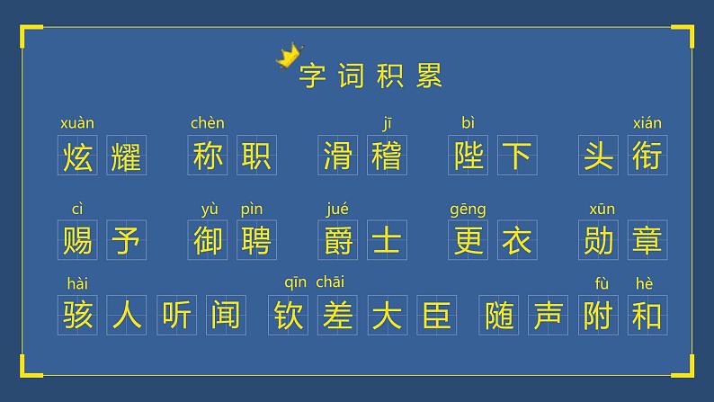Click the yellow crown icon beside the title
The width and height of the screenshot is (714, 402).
pos(289,56)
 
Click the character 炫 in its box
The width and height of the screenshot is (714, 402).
pos(77,156)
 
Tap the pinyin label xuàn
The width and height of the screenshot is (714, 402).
pos(76,123)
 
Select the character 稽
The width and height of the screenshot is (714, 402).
pos(388,156)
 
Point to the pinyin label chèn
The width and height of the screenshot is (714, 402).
pos(208,123)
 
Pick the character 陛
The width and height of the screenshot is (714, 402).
pos(468,156)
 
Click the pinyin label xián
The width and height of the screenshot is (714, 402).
pos(647,123)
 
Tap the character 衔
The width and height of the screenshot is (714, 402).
pos(647,156)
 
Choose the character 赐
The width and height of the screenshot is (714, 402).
pos(77,240)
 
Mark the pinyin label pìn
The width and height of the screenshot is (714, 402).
pos(252,210)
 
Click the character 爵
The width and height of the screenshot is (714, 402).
pos(338,240)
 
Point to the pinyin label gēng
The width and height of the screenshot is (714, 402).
pos(468,210)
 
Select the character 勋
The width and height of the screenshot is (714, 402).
pos(598,240)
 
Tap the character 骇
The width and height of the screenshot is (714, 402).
pos(77,315)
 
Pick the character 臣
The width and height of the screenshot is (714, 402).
pos(436,315)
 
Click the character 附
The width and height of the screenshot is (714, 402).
pos(598,315)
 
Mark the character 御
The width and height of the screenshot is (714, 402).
pos(208,240)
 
